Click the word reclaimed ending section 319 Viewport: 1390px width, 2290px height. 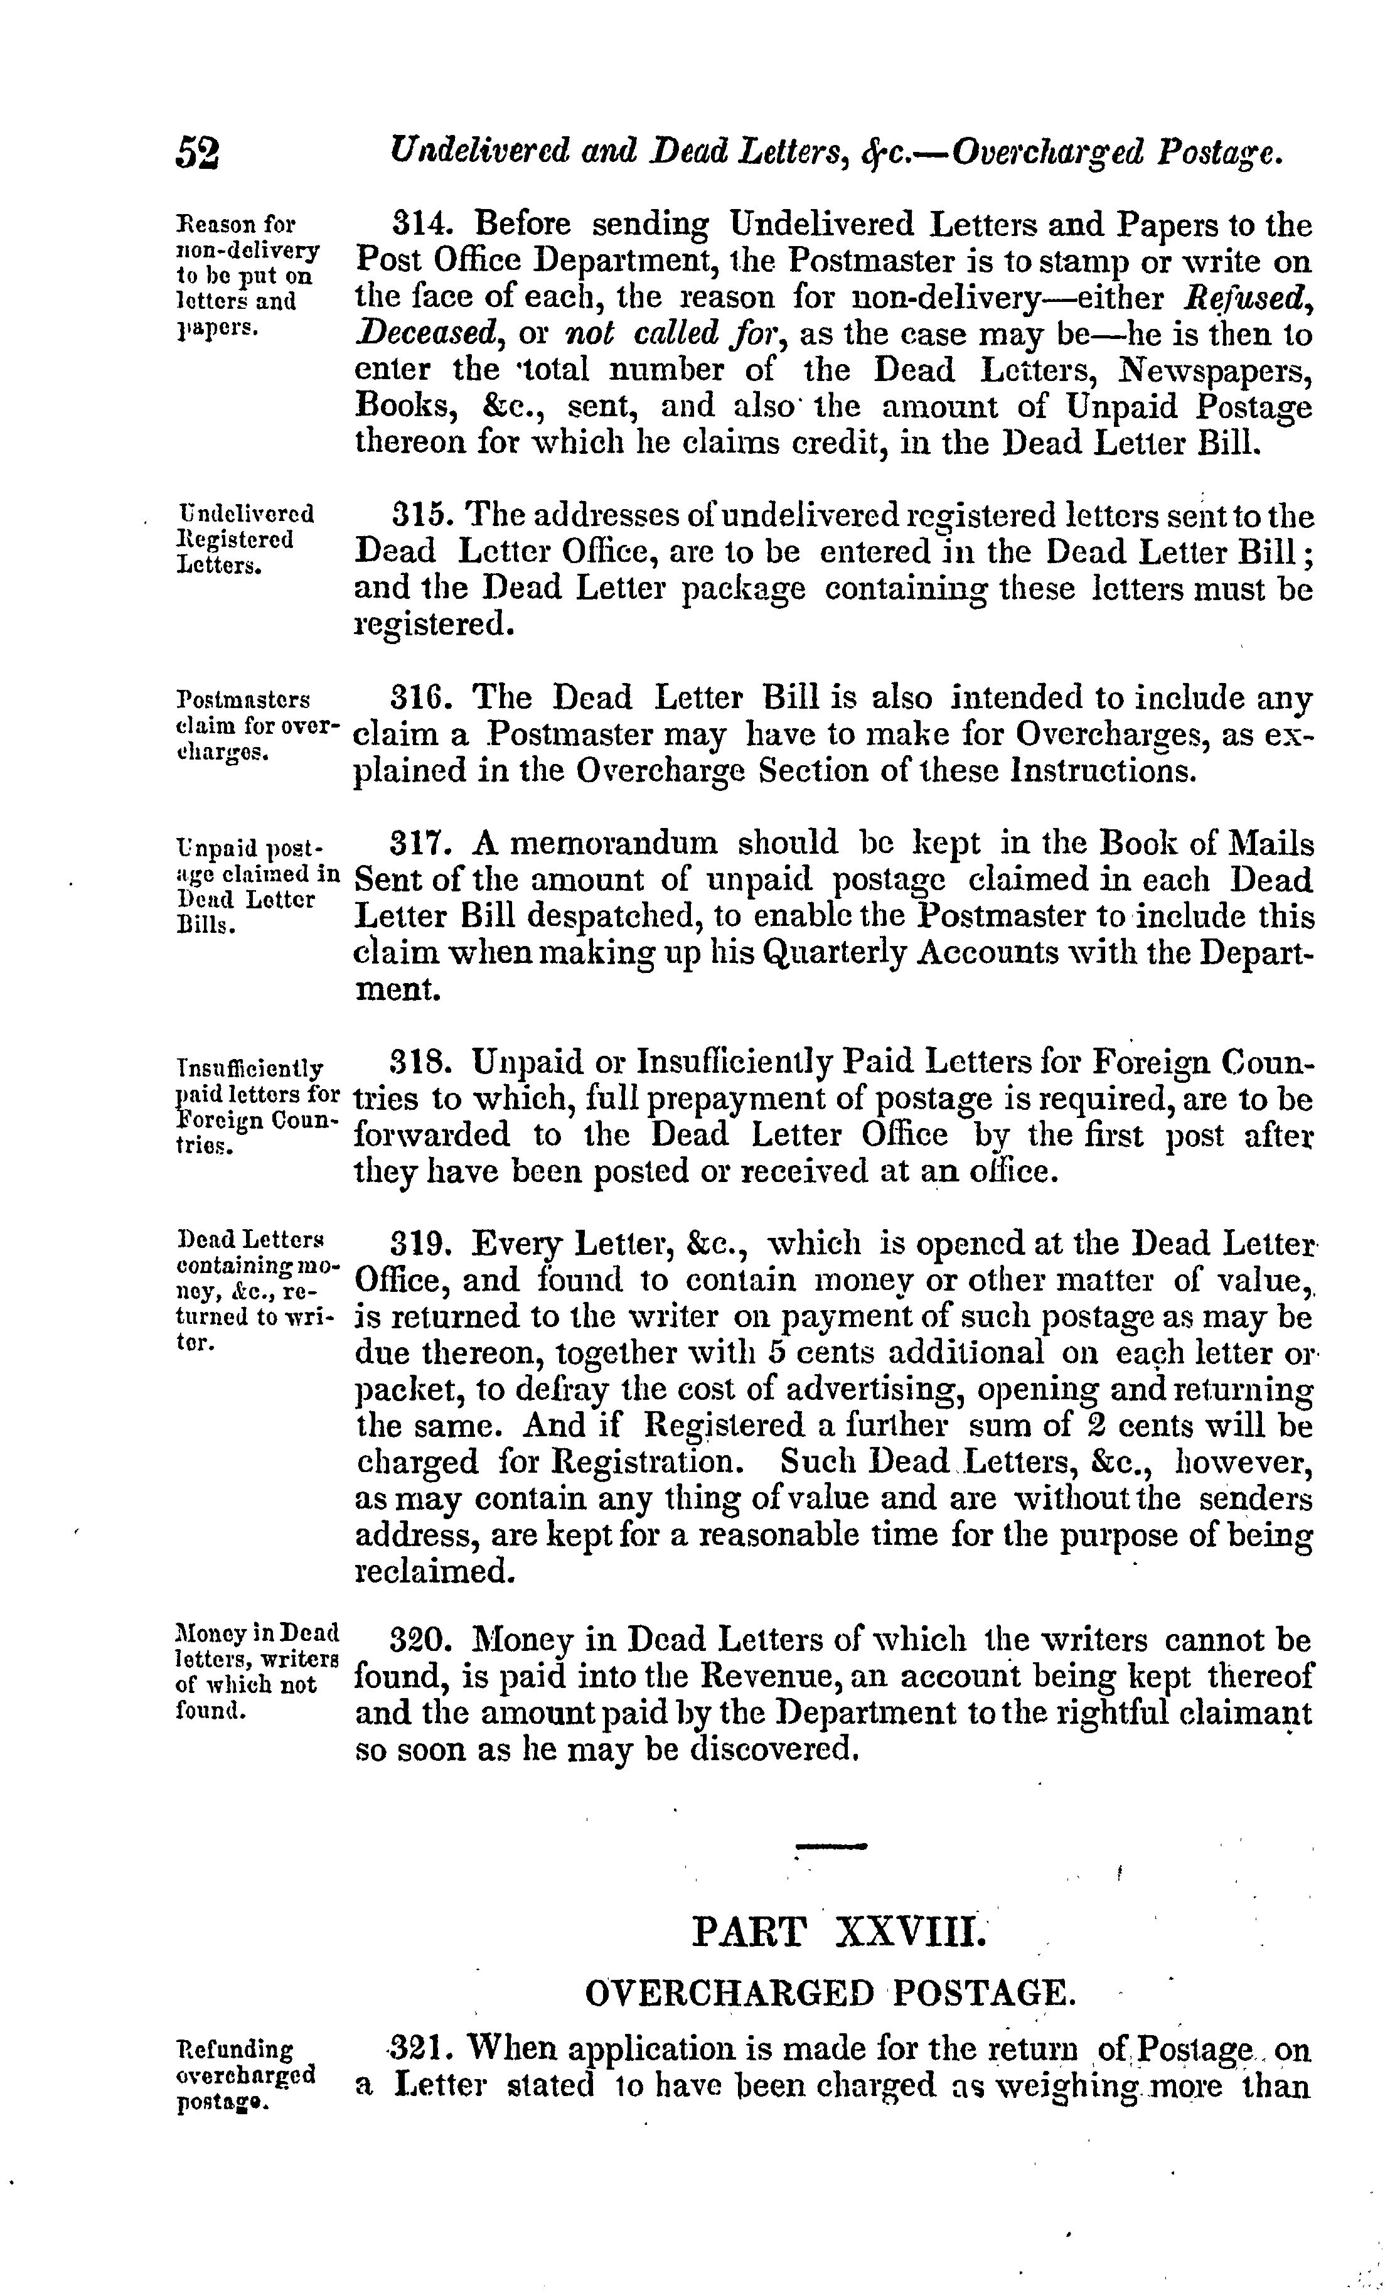tap(434, 1572)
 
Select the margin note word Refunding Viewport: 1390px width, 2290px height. tap(234, 2050)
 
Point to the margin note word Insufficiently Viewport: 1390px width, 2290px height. tap(250, 1068)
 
